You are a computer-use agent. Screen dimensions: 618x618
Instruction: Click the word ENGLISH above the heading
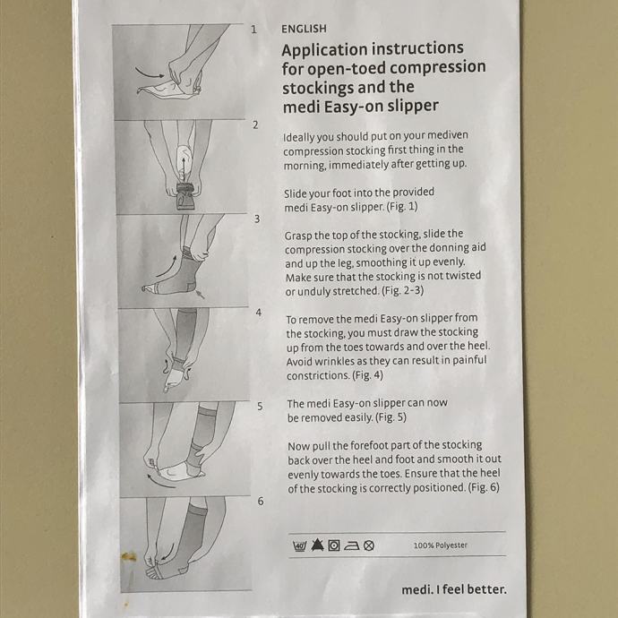(304, 29)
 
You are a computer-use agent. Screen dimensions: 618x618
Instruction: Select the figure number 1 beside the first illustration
(253, 30)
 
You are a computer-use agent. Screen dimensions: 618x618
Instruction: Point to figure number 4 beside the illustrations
(259, 313)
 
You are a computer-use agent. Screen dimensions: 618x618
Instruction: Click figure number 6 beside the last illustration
(261, 501)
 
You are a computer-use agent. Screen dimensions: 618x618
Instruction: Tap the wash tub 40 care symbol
(299, 545)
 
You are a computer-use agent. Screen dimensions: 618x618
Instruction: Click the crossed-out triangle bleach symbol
(317, 545)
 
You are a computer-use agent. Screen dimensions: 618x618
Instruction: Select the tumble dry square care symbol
(334, 545)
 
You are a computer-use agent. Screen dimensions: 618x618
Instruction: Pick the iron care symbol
(352, 545)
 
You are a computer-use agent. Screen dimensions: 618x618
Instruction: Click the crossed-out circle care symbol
(369, 545)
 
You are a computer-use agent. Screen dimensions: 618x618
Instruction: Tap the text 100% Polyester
(441, 545)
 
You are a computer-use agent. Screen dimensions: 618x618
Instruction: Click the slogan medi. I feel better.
(454, 589)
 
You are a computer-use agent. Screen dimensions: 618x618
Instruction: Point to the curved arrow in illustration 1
(150, 73)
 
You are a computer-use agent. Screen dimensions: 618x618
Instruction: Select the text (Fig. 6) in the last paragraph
(484, 487)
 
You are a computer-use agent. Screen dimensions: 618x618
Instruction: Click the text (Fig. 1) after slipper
(402, 207)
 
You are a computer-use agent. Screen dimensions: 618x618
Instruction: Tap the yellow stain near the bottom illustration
(129, 556)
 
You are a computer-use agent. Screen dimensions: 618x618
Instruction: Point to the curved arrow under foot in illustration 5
(160, 482)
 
